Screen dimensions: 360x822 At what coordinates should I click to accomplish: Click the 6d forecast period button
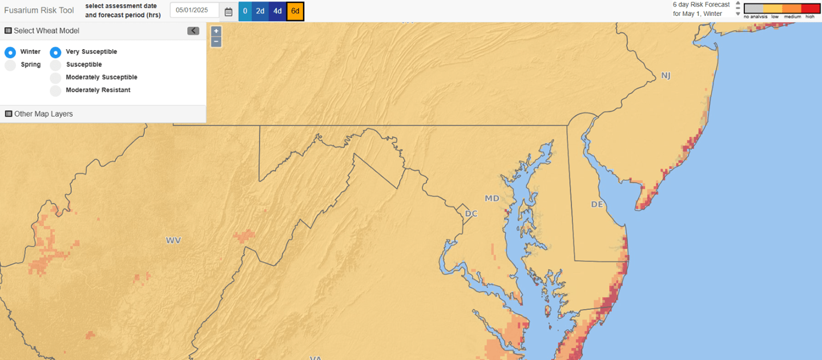pyautogui.click(x=295, y=11)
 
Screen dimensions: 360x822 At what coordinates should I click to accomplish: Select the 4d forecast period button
pyautogui.click(x=277, y=11)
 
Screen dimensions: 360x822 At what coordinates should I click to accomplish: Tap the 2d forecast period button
pyautogui.click(x=260, y=11)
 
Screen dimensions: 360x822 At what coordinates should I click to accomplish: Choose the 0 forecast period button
pyautogui.click(x=245, y=11)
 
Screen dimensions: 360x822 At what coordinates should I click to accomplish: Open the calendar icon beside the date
pyautogui.click(x=228, y=11)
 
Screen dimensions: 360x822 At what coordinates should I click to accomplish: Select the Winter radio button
pyautogui.click(x=10, y=52)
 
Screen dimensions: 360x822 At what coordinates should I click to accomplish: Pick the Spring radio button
pyautogui.click(x=10, y=66)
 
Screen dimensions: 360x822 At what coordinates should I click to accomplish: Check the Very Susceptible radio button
pyautogui.click(x=55, y=52)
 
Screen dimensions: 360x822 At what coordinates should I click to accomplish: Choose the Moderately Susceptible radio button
pyautogui.click(x=55, y=78)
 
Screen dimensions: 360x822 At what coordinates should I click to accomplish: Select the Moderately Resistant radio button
pyautogui.click(x=55, y=91)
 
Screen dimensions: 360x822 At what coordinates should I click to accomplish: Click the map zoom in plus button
pyautogui.click(x=216, y=31)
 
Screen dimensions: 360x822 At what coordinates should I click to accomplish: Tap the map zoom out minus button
pyautogui.click(x=216, y=41)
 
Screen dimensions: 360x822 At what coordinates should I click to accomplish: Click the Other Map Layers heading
pyautogui.click(x=43, y=114)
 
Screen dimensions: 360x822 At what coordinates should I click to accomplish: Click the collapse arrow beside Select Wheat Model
pyautogui.click(x=193, y=31)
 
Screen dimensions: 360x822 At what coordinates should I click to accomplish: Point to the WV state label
pyautogui.click(x=174, y=241)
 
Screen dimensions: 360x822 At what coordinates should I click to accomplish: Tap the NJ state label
pyautogui.click(x=666, y=76)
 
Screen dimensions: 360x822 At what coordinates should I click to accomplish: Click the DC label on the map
pyautogui.click(x=471, y=213)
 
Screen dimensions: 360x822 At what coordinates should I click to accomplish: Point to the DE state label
pyautogui.click(x=597, y=204)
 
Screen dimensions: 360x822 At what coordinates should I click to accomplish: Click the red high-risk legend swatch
pyautogui.click(x=810, y=9)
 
